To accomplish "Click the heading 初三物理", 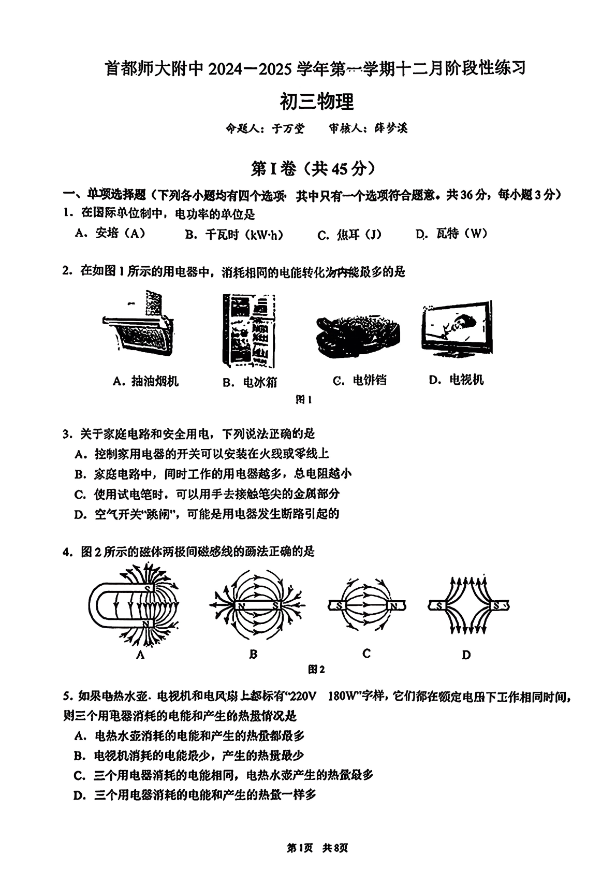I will click(316, 102).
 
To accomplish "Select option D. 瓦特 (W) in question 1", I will click(451, 234).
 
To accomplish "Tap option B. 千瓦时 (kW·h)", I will click(234, 235).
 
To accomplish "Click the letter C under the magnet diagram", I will click(366, 654).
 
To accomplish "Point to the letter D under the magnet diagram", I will click(466, 655).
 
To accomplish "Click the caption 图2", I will click(316, 670).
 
